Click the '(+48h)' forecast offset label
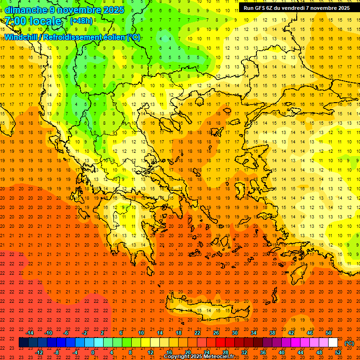pyautogui.click(x=81, y=21)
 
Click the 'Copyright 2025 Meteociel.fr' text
pyautogui.click(x=199, y=357)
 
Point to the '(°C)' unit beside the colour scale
pyautogui.click(x=349, y=343)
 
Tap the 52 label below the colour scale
pyautogui.click(x=338, y=352)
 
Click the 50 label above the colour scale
pyautogui.click(x=329, y=333)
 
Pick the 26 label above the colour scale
pyautogui.click(x=216, y=333)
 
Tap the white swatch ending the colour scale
pyautogui.click(x=333, y=343)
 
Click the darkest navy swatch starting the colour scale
pyautogui.click(x=23, y=343)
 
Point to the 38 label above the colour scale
pyautogui.click(x=272, y=333)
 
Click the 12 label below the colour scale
pyautogui.click(x=150, y=352)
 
